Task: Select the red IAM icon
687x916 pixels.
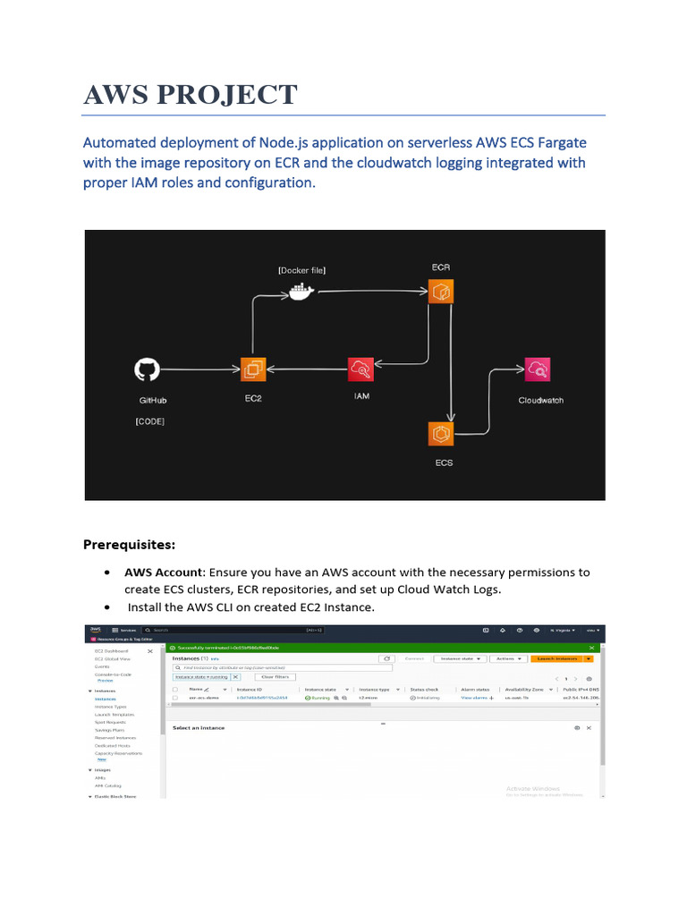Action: (361, 369)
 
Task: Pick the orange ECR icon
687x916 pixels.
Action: (440, 292)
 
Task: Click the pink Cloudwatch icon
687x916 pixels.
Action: (538, 369)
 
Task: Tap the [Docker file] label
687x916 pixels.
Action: (302, 270)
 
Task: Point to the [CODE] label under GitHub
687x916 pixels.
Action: (149, 420)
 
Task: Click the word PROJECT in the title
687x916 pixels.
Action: (238, 94)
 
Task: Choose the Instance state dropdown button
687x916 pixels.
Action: (460, 658)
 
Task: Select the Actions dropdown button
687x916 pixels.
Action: (508, 658)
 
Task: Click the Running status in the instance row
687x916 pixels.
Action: (320, 698)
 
